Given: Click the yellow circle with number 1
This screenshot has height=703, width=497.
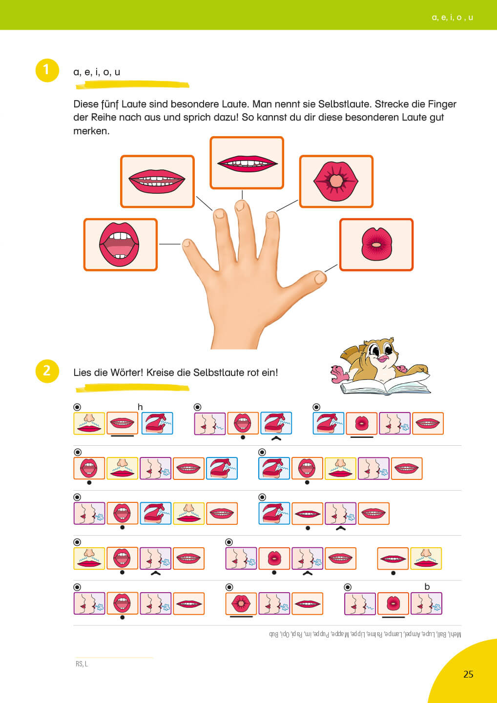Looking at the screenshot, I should click(47, 70).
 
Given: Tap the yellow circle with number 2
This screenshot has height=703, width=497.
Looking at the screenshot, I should click(47, 371).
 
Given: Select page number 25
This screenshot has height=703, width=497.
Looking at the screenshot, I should click(468, 674).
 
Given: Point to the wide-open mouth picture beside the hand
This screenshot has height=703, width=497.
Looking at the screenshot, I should click(120, 244).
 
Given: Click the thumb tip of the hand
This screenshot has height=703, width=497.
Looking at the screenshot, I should click(320, 278).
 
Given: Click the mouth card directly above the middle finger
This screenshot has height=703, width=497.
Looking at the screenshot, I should click(247, 163).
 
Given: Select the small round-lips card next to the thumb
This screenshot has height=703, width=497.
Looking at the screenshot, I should click(376, 244).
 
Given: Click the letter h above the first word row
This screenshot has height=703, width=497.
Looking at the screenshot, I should click(140, 407).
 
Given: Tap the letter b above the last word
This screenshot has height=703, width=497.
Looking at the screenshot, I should click(427, 587).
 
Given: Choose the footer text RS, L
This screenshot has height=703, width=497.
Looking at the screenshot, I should click(82, 664).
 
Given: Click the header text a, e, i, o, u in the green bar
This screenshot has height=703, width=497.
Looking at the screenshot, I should click(452, 18).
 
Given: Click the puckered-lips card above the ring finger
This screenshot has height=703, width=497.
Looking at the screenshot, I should click(336, 181).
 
